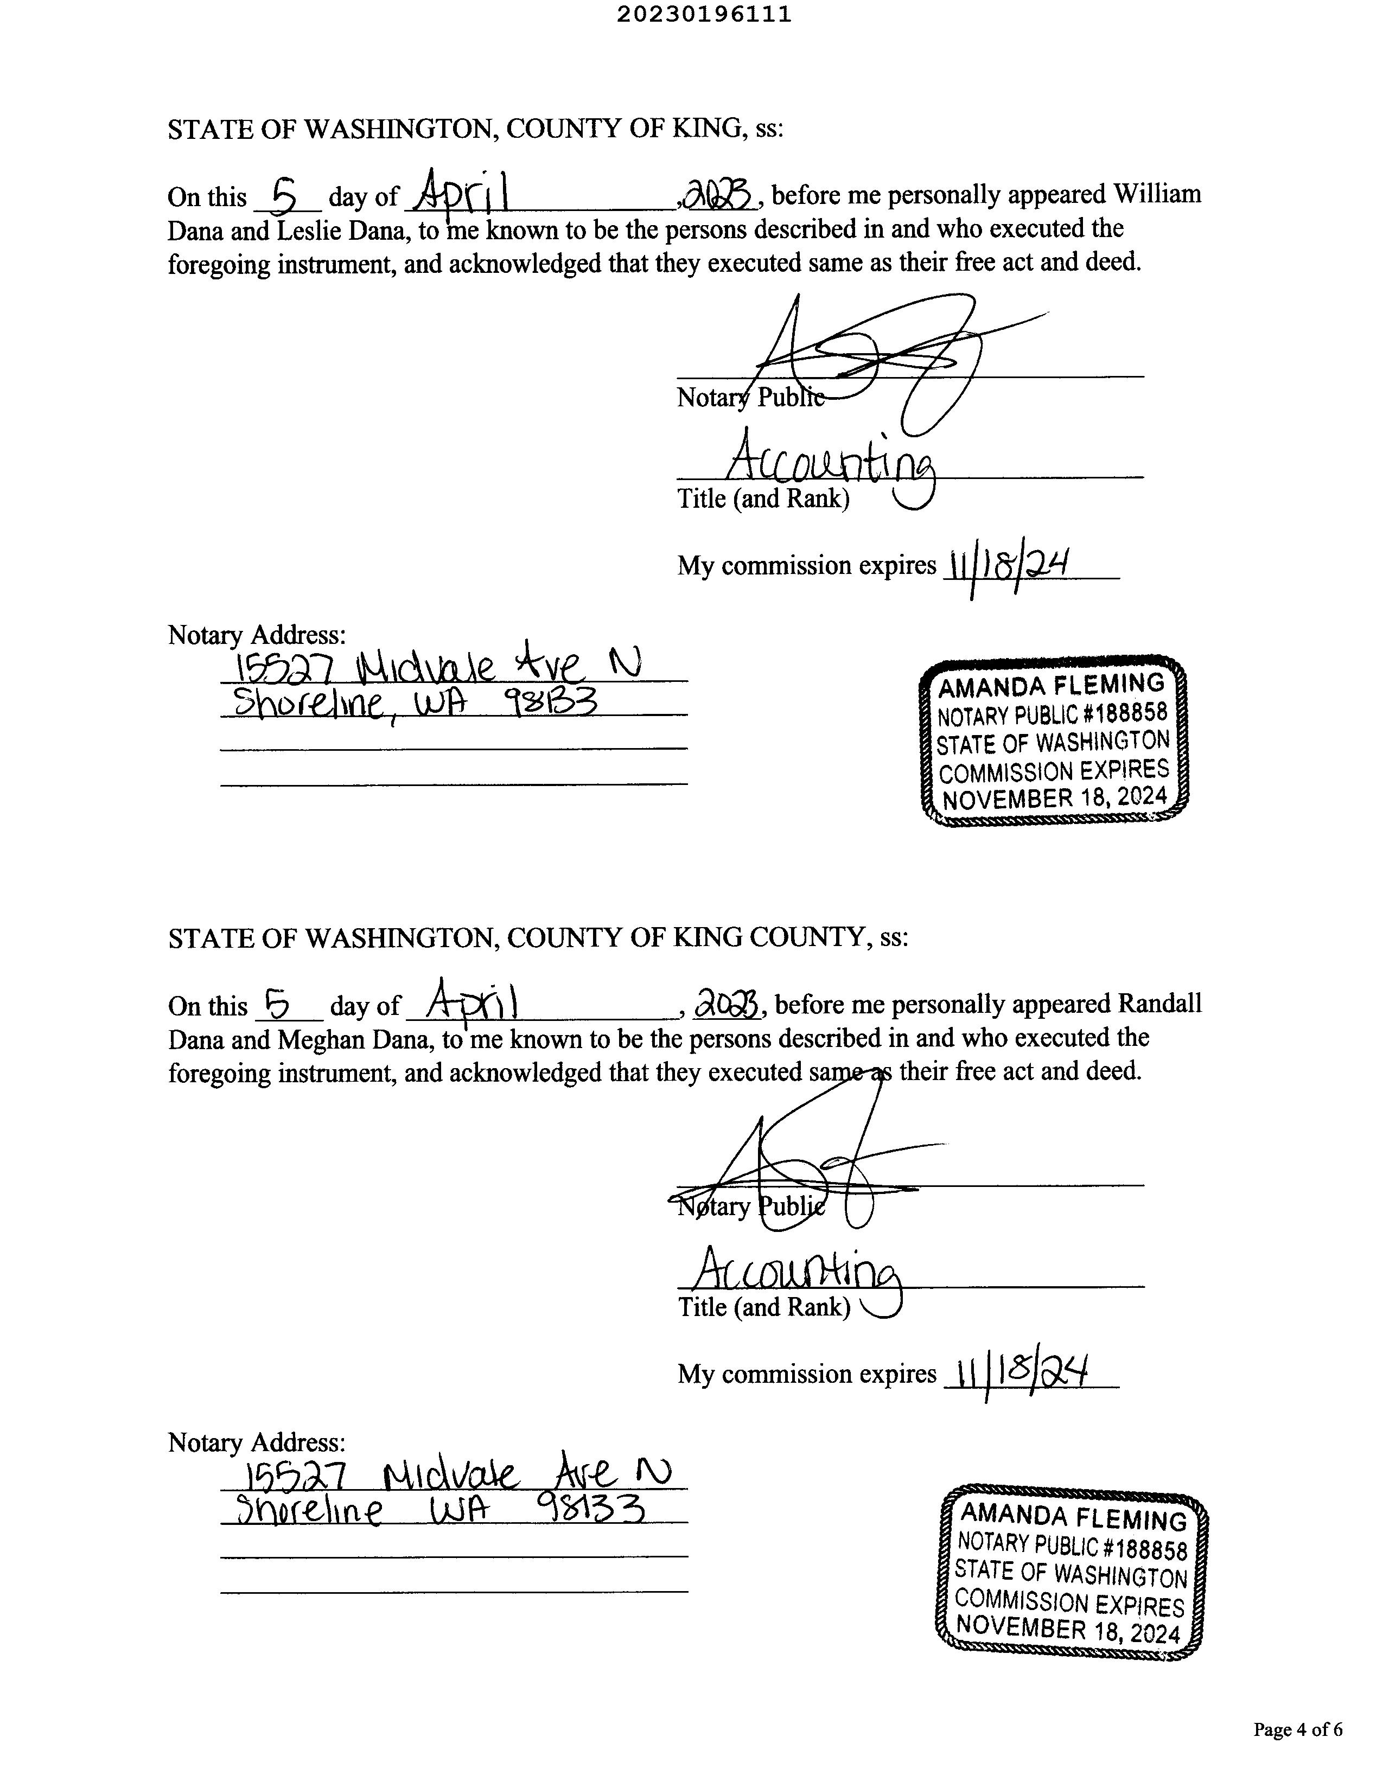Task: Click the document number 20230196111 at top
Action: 704,15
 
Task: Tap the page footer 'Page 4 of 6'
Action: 1297,1729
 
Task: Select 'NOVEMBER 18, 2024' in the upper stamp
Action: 1054,798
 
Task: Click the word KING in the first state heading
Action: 707,129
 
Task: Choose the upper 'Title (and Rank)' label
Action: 762,499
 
